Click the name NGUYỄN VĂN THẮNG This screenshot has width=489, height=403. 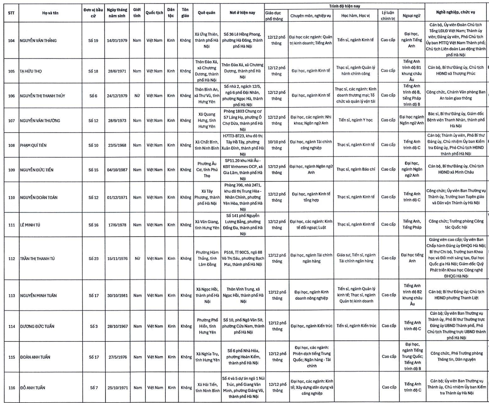pyautogui.click(x=38, y=40)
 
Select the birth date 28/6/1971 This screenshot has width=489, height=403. pyautogui.click(x=117, y=71)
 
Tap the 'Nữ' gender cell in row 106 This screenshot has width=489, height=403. pyautogui.click(x=137, y=96)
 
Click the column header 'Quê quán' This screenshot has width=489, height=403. pyautogui.click(x=206, y=13)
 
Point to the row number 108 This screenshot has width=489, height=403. pyautogui.click(x=11, y=145)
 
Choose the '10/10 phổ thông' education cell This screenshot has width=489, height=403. pyautogui.click(x=276, y=145)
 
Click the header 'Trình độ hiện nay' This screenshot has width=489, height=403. pyautogui.click(x=344, y=6)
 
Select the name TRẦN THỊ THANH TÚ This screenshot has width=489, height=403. pyautogui.click(x=39, y=259)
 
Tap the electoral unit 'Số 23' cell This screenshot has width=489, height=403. pyautogui.click(x=93, y=259)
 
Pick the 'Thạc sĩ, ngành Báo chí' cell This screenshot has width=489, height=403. pyautogui.click(x=356, y=169)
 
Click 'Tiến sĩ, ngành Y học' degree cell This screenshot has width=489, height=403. pyautogui.click(x=356, y=120)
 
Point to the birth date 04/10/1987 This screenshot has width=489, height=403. pyautogui.click(x=117, y=170)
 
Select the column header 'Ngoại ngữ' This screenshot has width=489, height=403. pyautogui.click(x=411, y=16)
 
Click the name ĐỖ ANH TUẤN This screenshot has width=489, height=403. pyautogui.click(x=32, y=388)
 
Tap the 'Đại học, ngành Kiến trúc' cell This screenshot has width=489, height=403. pyautogui.click(x=311, y=326)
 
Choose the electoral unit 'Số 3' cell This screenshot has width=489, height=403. pyautogui.click(x=94, y=326)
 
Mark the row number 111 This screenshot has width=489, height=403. pyautogui.click(x=12, y=225)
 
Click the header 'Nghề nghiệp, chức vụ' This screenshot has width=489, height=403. pyautogui.click(x=455, y=12)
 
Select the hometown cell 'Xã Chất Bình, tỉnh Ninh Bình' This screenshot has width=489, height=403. pyautogui.click(x=207, y=145)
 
